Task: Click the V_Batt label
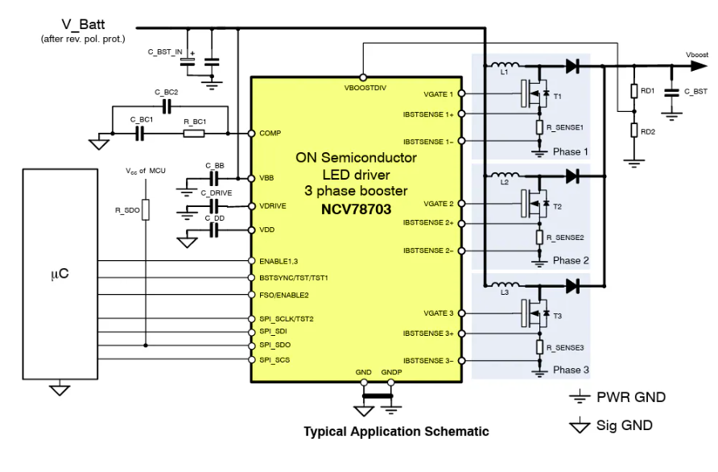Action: tap(83, 24)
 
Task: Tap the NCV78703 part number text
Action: tap(356, 209)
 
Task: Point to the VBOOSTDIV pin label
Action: tap(365, 87)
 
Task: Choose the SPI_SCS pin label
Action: tap(274, 359)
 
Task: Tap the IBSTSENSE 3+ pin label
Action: tap(428, 333)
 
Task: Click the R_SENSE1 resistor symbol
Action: tap(539, 126)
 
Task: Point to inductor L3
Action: tap(505, 285)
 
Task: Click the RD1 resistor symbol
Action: tap(634, 92)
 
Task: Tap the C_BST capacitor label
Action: tap(695, 92)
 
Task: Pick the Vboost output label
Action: tap(697, 55)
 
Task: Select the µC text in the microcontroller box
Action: tap(59, 274)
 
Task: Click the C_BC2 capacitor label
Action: tap(167, 93)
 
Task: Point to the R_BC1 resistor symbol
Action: tap(194, 133)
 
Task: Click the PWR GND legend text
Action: tap(631, 397)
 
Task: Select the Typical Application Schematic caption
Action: tap(396, 432)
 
